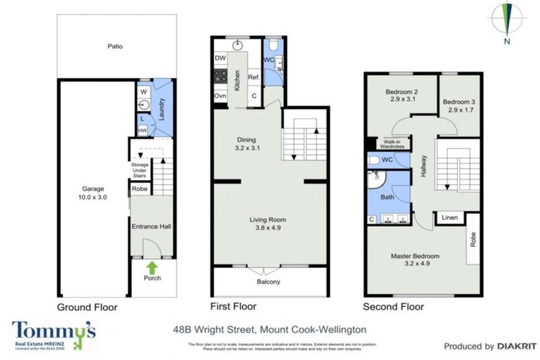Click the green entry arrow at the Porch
pyautogui.click(x=151, y=267)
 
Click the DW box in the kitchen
pyautogui.click(x=220, y=58)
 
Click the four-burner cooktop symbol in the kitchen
pyautogui.click(x=220, y=77)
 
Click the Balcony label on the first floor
pyautogui.click(x=268, y=283)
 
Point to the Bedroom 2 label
pyautogui.click(x=401, y=96)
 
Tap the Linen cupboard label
pyautogui.click(x=450, y=219)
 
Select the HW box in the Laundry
pyautogui.click(x=142, y=131)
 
